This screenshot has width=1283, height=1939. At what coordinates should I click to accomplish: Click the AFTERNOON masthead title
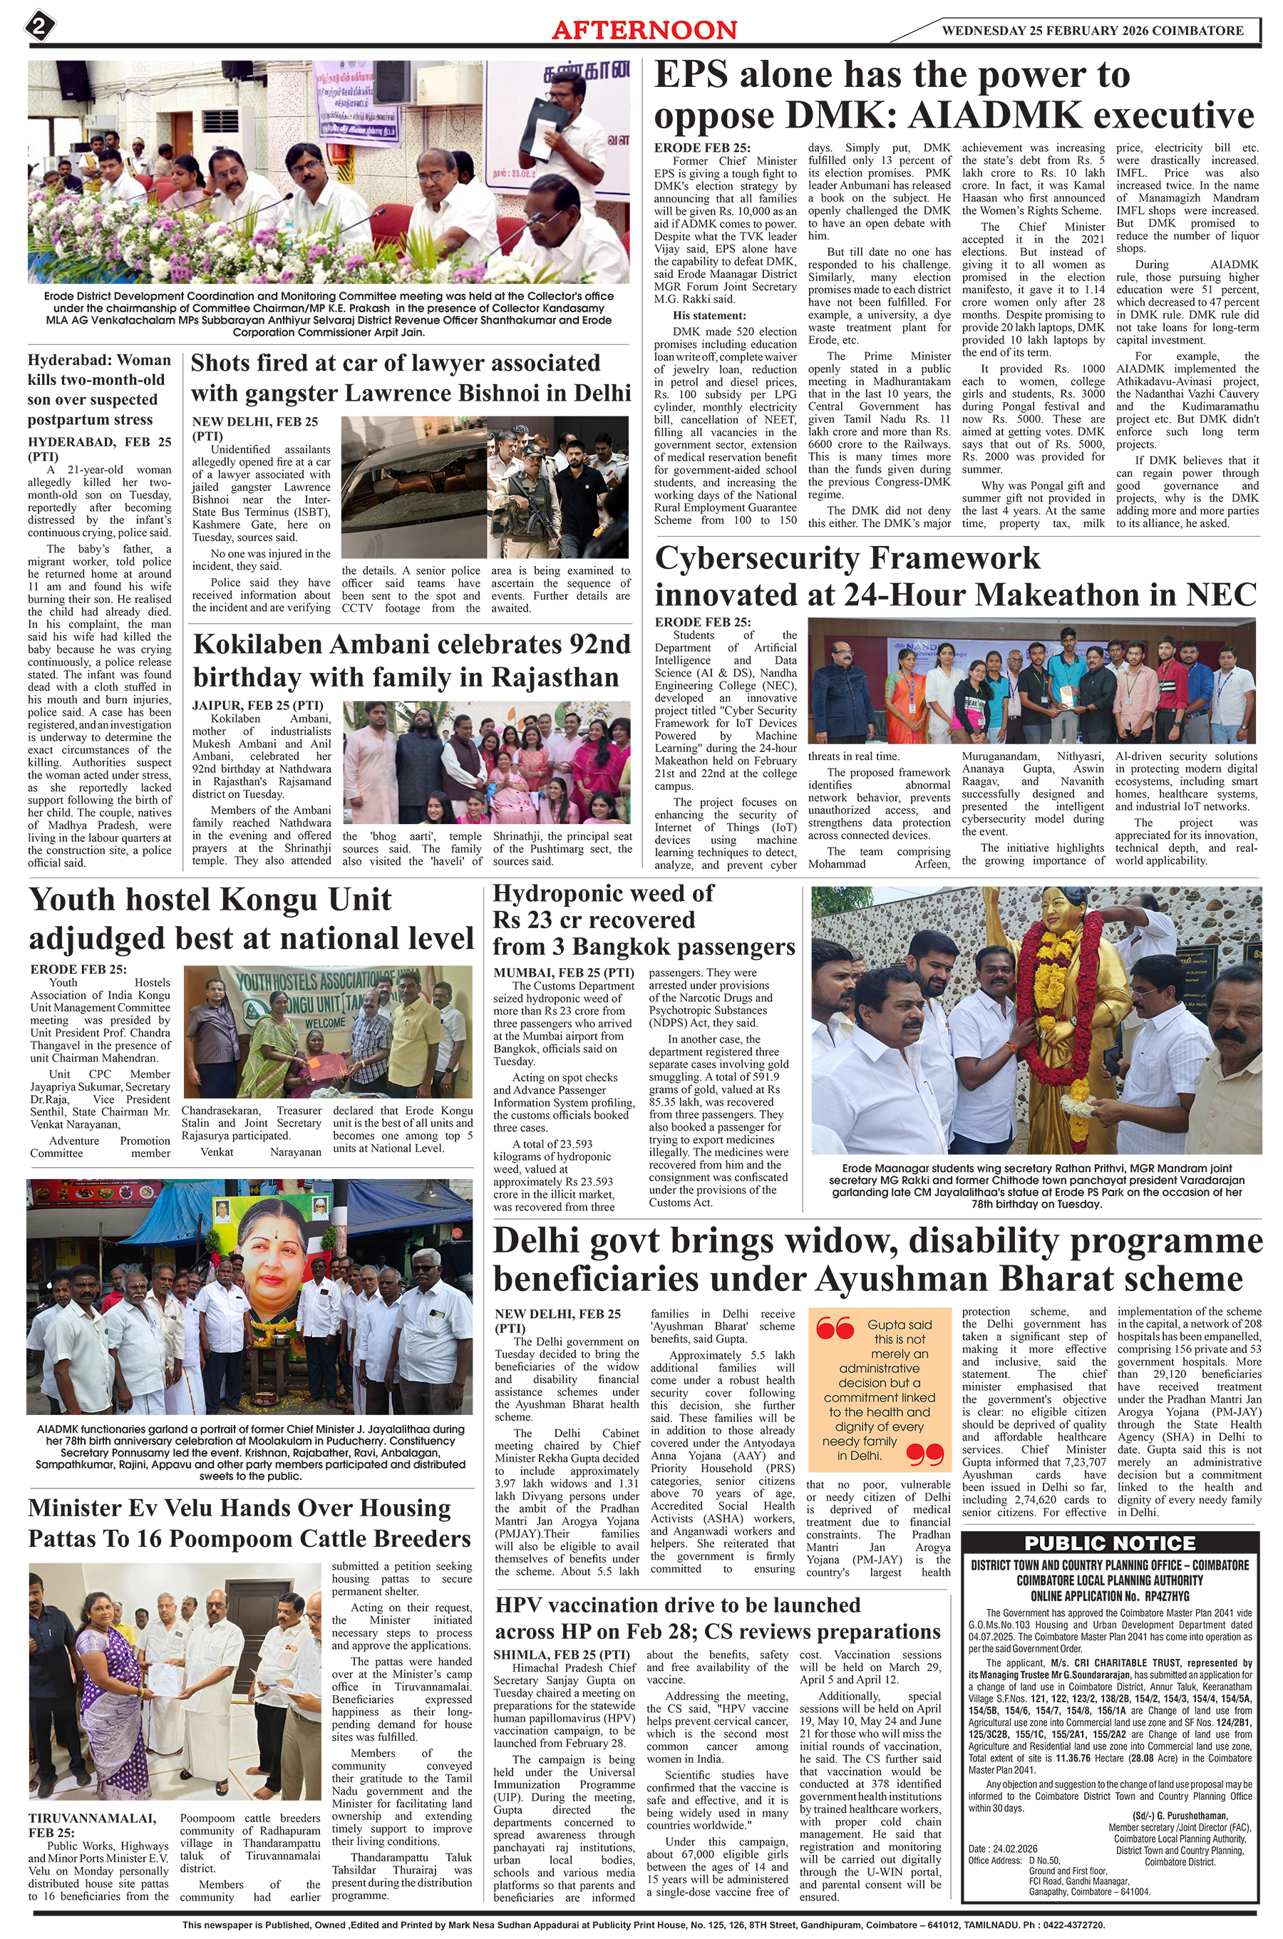point(644,30)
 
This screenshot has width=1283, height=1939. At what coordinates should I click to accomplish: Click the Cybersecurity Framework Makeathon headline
point(954,576)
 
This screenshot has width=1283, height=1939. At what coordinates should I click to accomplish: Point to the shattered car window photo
point(413,488)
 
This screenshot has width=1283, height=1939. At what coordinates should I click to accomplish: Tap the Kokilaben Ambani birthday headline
point(411,661)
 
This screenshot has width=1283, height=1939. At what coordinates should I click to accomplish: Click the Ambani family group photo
point(486,763)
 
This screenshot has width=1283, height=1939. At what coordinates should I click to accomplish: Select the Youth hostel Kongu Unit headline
point(251,918)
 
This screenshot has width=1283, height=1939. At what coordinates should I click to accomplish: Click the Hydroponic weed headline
point(643,920)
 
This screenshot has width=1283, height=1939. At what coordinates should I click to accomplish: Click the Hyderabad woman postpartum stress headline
point(99,389)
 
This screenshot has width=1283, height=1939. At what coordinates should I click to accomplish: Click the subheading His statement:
point(709,315)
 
